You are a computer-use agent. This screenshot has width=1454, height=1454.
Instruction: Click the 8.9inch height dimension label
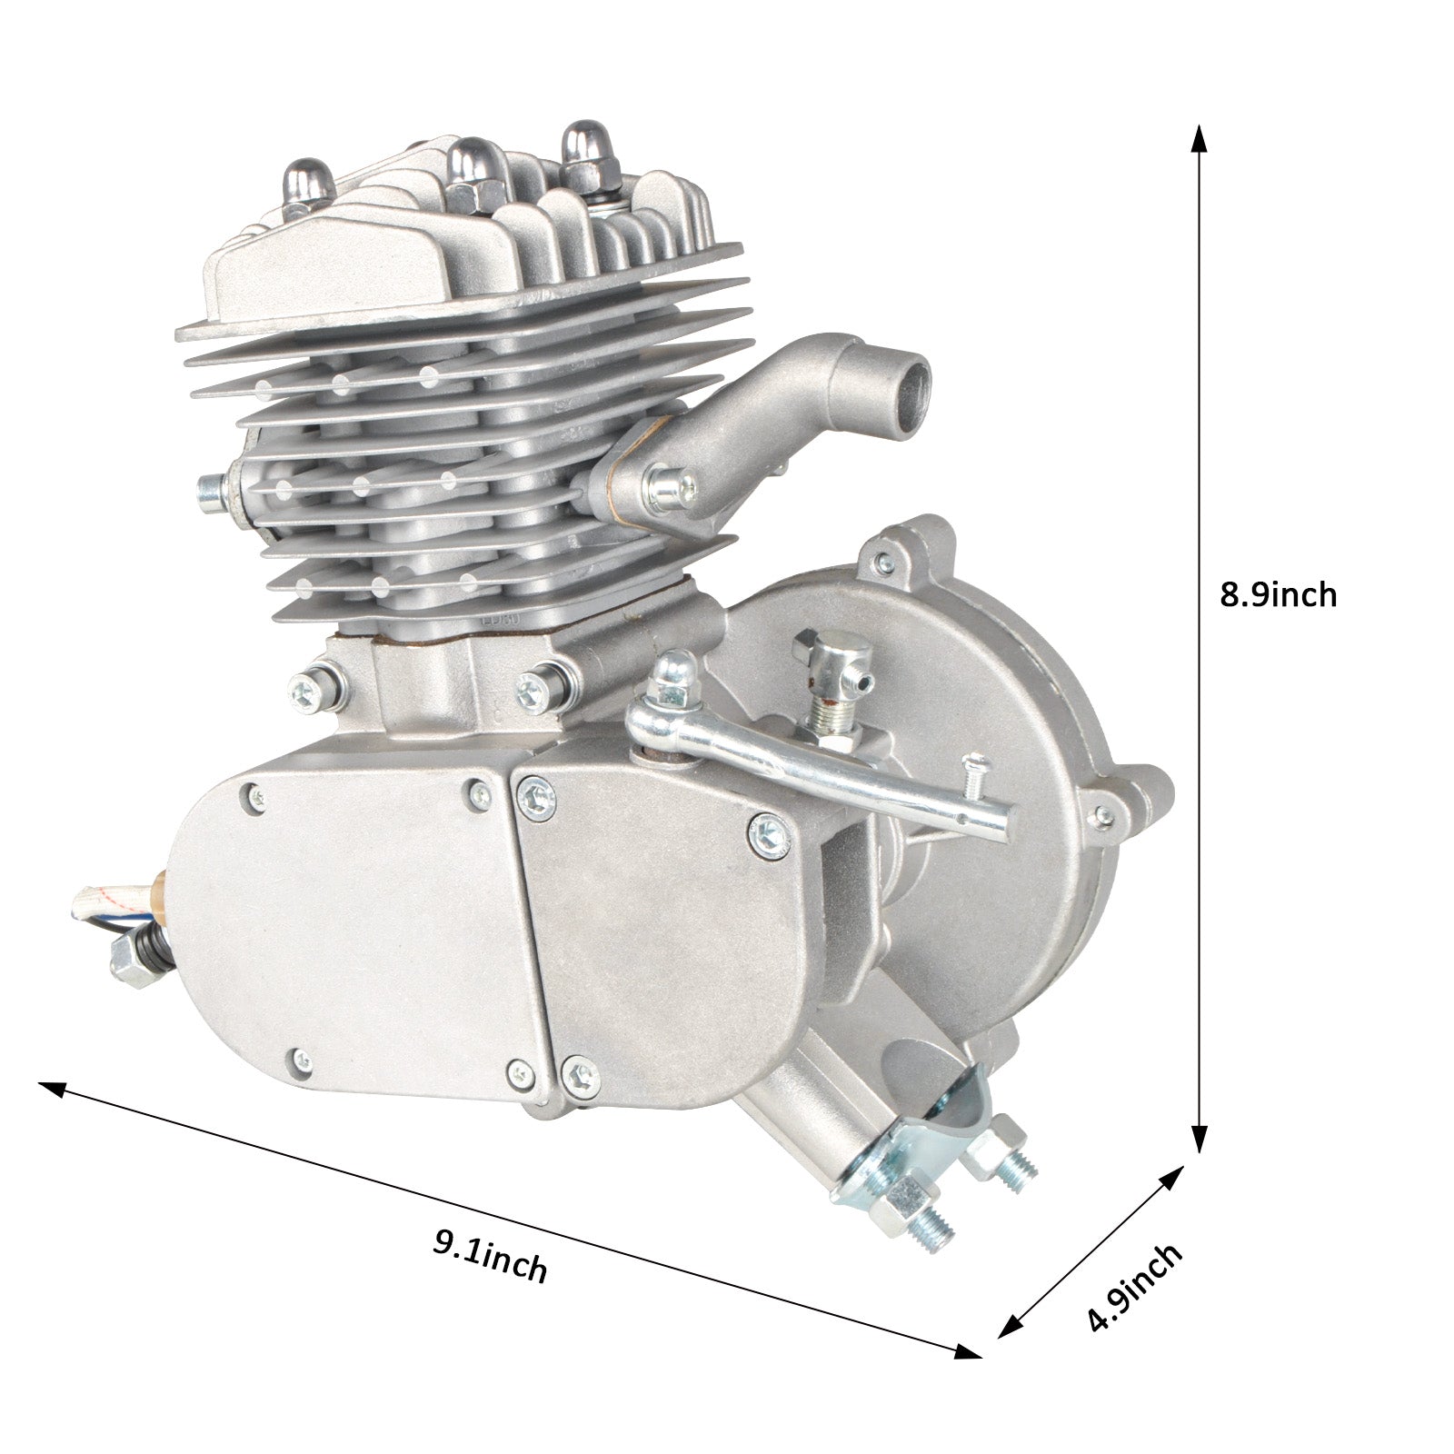1278,595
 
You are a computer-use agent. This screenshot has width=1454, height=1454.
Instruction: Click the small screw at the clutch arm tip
978,771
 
